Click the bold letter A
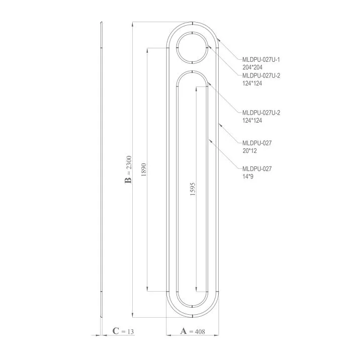183,331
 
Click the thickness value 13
131,331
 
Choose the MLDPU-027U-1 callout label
260,60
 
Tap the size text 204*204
252,67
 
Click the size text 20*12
250,150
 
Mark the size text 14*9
248,176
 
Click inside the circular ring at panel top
193,47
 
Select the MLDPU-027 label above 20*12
257,143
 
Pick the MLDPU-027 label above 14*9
257,169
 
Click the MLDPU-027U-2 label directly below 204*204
260,75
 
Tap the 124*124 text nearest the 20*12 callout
252,120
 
